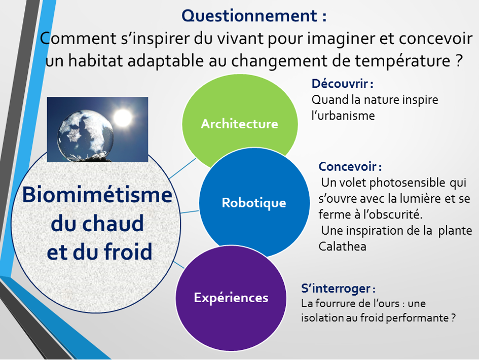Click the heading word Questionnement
(x=249, y=16)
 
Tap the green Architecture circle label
(x=239, y=124)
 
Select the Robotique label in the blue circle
(x=254, y=203)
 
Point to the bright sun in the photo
(x=123, y=117)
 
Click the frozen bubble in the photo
(x=85, y=135)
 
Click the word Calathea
(x=342, y=246)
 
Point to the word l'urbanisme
(x=343, y=116)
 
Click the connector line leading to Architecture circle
(x=182, y=168)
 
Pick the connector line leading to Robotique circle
(x=190, y=212)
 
